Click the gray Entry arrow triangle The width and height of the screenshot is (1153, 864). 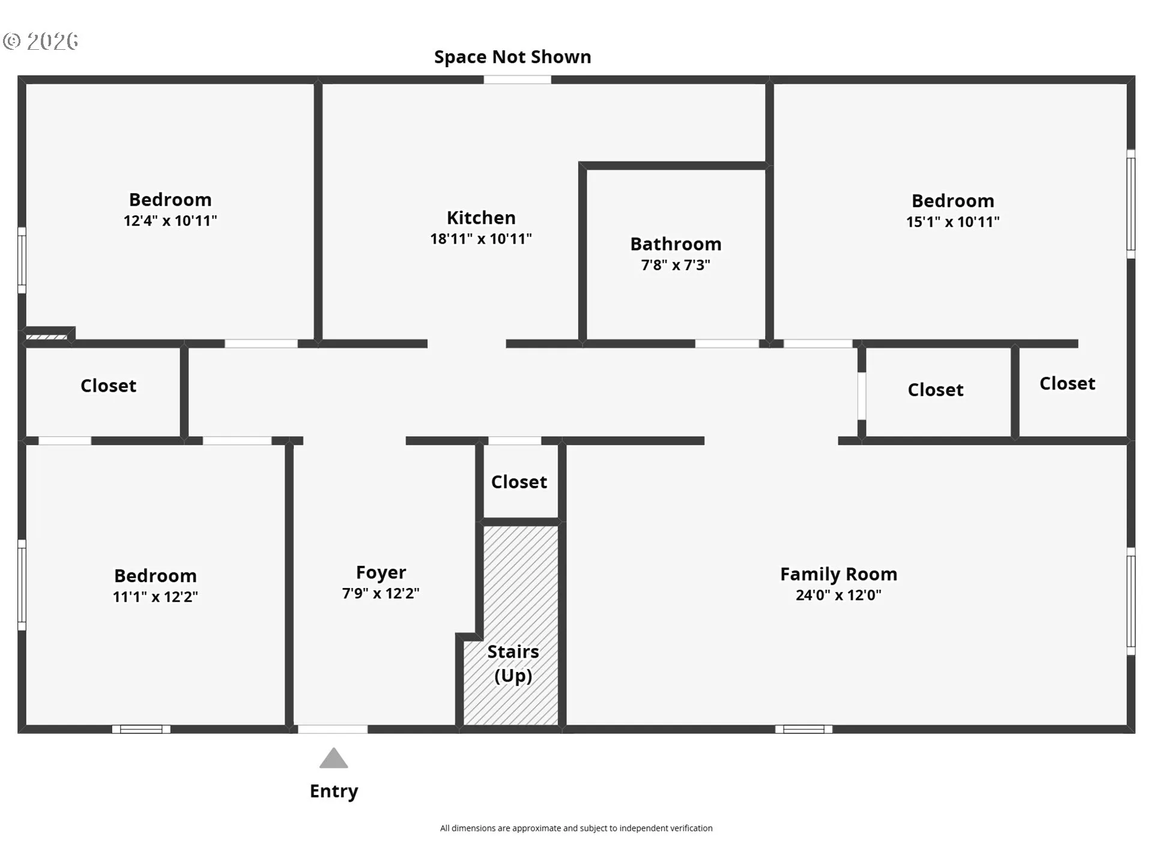[x=333, y=758]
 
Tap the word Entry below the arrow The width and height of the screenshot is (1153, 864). [x=334, y=791]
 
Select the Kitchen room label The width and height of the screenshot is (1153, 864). [x=481, y=217]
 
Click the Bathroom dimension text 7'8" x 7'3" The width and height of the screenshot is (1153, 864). [x=676, y=265]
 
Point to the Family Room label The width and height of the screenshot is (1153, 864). [x=838, y=574]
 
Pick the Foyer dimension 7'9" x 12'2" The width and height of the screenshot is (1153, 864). [x=381, y=593]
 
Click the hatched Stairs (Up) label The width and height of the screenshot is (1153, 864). [x=513, y=664]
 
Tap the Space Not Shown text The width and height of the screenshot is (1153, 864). [x=512, y=57]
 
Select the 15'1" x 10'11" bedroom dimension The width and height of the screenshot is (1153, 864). [x=952, y=222]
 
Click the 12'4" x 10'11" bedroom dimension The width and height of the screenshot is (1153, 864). [x=170, y=221]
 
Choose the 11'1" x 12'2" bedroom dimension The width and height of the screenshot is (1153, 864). [x=155, y=597]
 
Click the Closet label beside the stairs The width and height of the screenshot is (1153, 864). [x=519, y=482]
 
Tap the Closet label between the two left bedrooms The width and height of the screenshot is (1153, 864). [x=108, y=386]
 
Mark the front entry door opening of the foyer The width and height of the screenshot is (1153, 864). [x=333, y=729]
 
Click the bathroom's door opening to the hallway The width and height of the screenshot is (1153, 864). [x=727, y=344]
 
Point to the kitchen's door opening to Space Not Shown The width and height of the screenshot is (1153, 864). [x=517, y=80]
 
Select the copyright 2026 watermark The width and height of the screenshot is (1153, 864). [x=41, y=41]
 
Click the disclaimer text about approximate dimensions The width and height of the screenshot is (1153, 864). [x=576, y=828]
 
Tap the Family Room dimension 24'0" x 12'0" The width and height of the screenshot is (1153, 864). [x=838, y=595]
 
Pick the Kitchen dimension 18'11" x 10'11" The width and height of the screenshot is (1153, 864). [x=481, y=239]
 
